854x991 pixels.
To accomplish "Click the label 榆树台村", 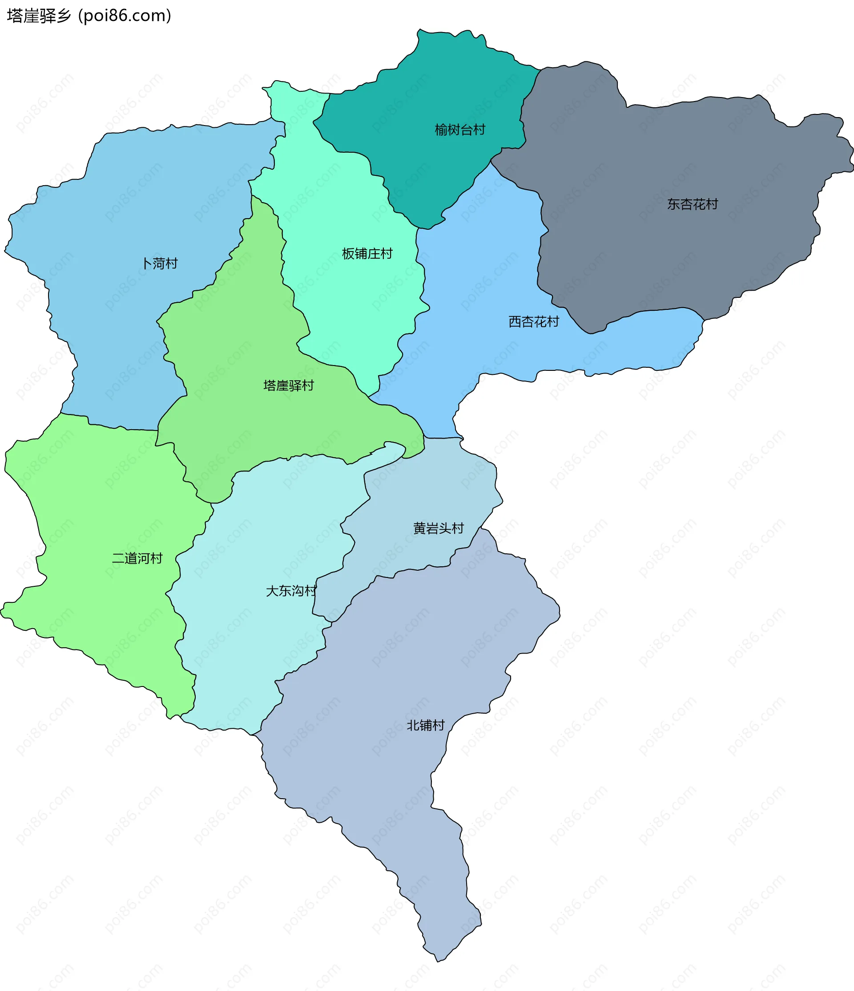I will click(x=460, y=130).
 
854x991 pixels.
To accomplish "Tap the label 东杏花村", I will click(x=693, y=204).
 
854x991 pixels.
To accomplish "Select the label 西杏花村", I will click(x=533, y=321).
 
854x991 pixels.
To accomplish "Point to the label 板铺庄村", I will click(x=367, y=253).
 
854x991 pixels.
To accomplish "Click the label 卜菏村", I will click(x=160, y=263).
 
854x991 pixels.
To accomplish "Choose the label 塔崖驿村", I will click(x=288, y=386).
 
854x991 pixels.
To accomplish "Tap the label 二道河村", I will click(x=137, y=558).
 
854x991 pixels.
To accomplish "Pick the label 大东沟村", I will click(x=290, y=591).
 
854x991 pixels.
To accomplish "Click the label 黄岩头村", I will click(x=438, y=528).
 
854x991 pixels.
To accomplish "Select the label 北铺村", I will click(x=425, y=725).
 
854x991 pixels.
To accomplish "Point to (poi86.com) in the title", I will click(x=125, y=16).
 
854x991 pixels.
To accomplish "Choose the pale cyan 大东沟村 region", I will click(x=249, y=646).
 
